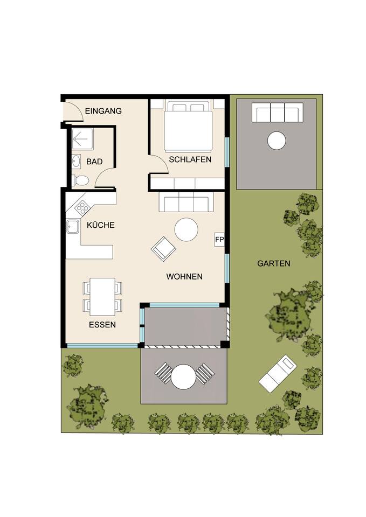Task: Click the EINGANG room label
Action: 103,111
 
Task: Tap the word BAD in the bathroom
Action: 94,162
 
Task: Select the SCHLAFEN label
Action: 190,159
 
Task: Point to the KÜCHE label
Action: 101,225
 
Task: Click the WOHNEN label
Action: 184,276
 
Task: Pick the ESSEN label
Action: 102,325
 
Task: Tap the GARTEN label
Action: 274,263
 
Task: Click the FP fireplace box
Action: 219,240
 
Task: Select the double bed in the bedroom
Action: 188,125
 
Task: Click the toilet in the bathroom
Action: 80,180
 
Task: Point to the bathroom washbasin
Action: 76,161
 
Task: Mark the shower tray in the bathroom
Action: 82,139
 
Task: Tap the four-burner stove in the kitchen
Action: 82,207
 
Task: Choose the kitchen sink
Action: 73,227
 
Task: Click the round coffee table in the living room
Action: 186,229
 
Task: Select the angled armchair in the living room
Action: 164,249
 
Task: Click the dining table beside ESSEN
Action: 102,296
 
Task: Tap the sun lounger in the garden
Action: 278,373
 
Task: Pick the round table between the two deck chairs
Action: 183,376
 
